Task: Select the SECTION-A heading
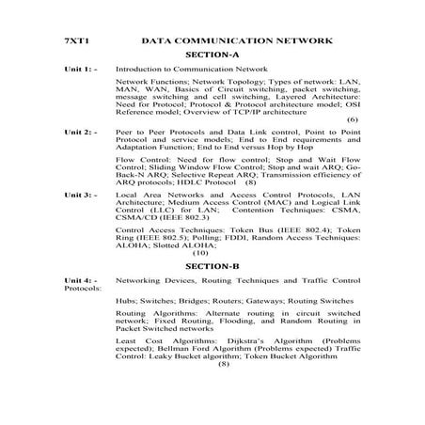[212, 55]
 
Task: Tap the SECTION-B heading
[212, 266]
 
